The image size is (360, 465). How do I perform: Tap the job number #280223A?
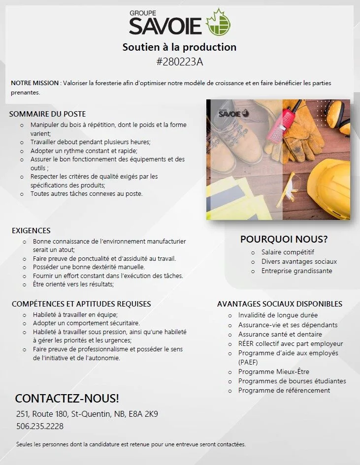(179, 62)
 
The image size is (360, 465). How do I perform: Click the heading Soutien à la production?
(179, 47)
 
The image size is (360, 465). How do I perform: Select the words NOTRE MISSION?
(34, 83)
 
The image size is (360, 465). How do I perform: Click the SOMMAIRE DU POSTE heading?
(47, 114)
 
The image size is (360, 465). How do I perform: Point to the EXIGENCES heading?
(31, 230)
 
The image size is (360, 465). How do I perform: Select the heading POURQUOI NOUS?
(284, 240)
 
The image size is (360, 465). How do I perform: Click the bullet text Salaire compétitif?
(288, 252)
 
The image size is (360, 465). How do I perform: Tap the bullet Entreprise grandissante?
(296, 271)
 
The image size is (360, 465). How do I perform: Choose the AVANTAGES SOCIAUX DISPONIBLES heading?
(280, 304)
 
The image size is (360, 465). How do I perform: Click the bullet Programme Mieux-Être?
(274, 372)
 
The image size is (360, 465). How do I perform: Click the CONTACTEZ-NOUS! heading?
(67, 398)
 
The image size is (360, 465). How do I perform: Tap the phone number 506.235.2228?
(40, 426)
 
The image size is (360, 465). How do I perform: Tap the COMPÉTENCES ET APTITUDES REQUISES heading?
(81, 304)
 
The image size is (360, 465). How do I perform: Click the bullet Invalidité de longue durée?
(278, 315)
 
